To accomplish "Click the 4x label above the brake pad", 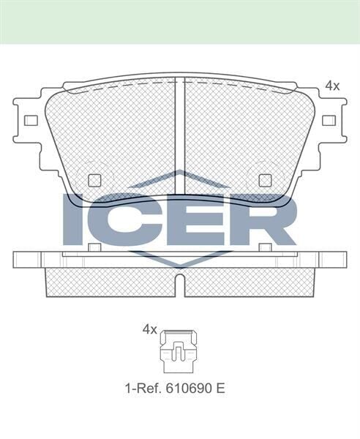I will coord(332,86).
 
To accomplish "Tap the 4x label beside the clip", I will coord(149,329).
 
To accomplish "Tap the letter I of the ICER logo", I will coord(75,219).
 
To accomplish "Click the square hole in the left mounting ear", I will coord(31,120).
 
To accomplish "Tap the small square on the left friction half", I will coord(94,179).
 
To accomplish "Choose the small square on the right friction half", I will coord(265,179).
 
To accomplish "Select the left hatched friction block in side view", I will coord(110,282).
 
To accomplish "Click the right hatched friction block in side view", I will coord(249,282).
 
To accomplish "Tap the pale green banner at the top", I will coord(180,21).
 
